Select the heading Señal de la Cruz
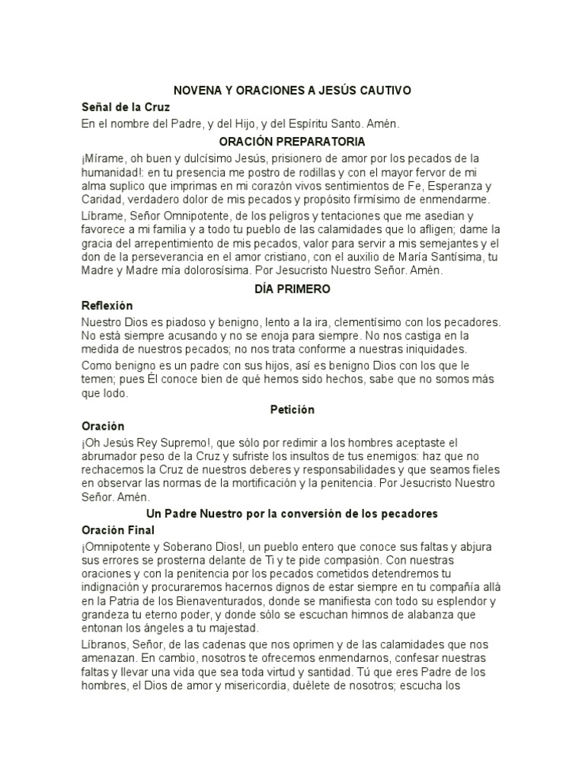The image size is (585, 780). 126,107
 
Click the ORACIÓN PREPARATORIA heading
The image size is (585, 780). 292,142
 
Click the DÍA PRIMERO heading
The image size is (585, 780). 292,289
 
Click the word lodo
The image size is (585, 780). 116,394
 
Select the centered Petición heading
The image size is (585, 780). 292,410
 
